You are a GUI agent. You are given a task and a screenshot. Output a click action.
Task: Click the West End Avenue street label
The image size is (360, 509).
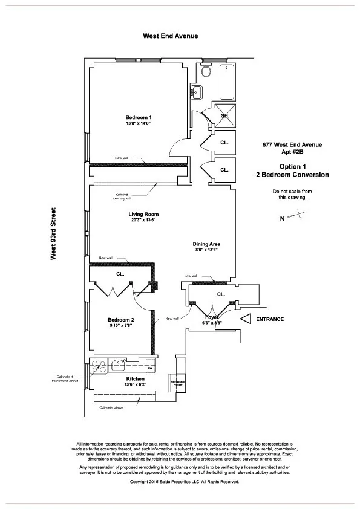[171, 36]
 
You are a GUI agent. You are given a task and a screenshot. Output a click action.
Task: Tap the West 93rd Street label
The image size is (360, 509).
[53, 234]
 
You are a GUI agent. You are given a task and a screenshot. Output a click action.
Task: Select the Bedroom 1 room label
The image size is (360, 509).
[139, 117]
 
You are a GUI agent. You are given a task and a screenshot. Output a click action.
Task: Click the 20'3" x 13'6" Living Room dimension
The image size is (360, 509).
[143, 221]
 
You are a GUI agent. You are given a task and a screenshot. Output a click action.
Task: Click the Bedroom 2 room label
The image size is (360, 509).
[121, 320]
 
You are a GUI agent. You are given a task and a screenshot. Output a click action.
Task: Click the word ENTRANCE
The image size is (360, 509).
[270, 319]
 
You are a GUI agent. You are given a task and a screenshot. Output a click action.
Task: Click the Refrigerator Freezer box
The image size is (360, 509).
[176, 383]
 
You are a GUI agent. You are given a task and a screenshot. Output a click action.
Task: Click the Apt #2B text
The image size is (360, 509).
[292, 153]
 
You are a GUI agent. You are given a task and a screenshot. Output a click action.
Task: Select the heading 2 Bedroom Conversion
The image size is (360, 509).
[292, 175]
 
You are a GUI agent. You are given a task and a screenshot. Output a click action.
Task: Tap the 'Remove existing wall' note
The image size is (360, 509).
[121, 195]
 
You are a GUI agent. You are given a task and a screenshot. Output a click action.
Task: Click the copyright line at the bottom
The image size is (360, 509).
[185, 482]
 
